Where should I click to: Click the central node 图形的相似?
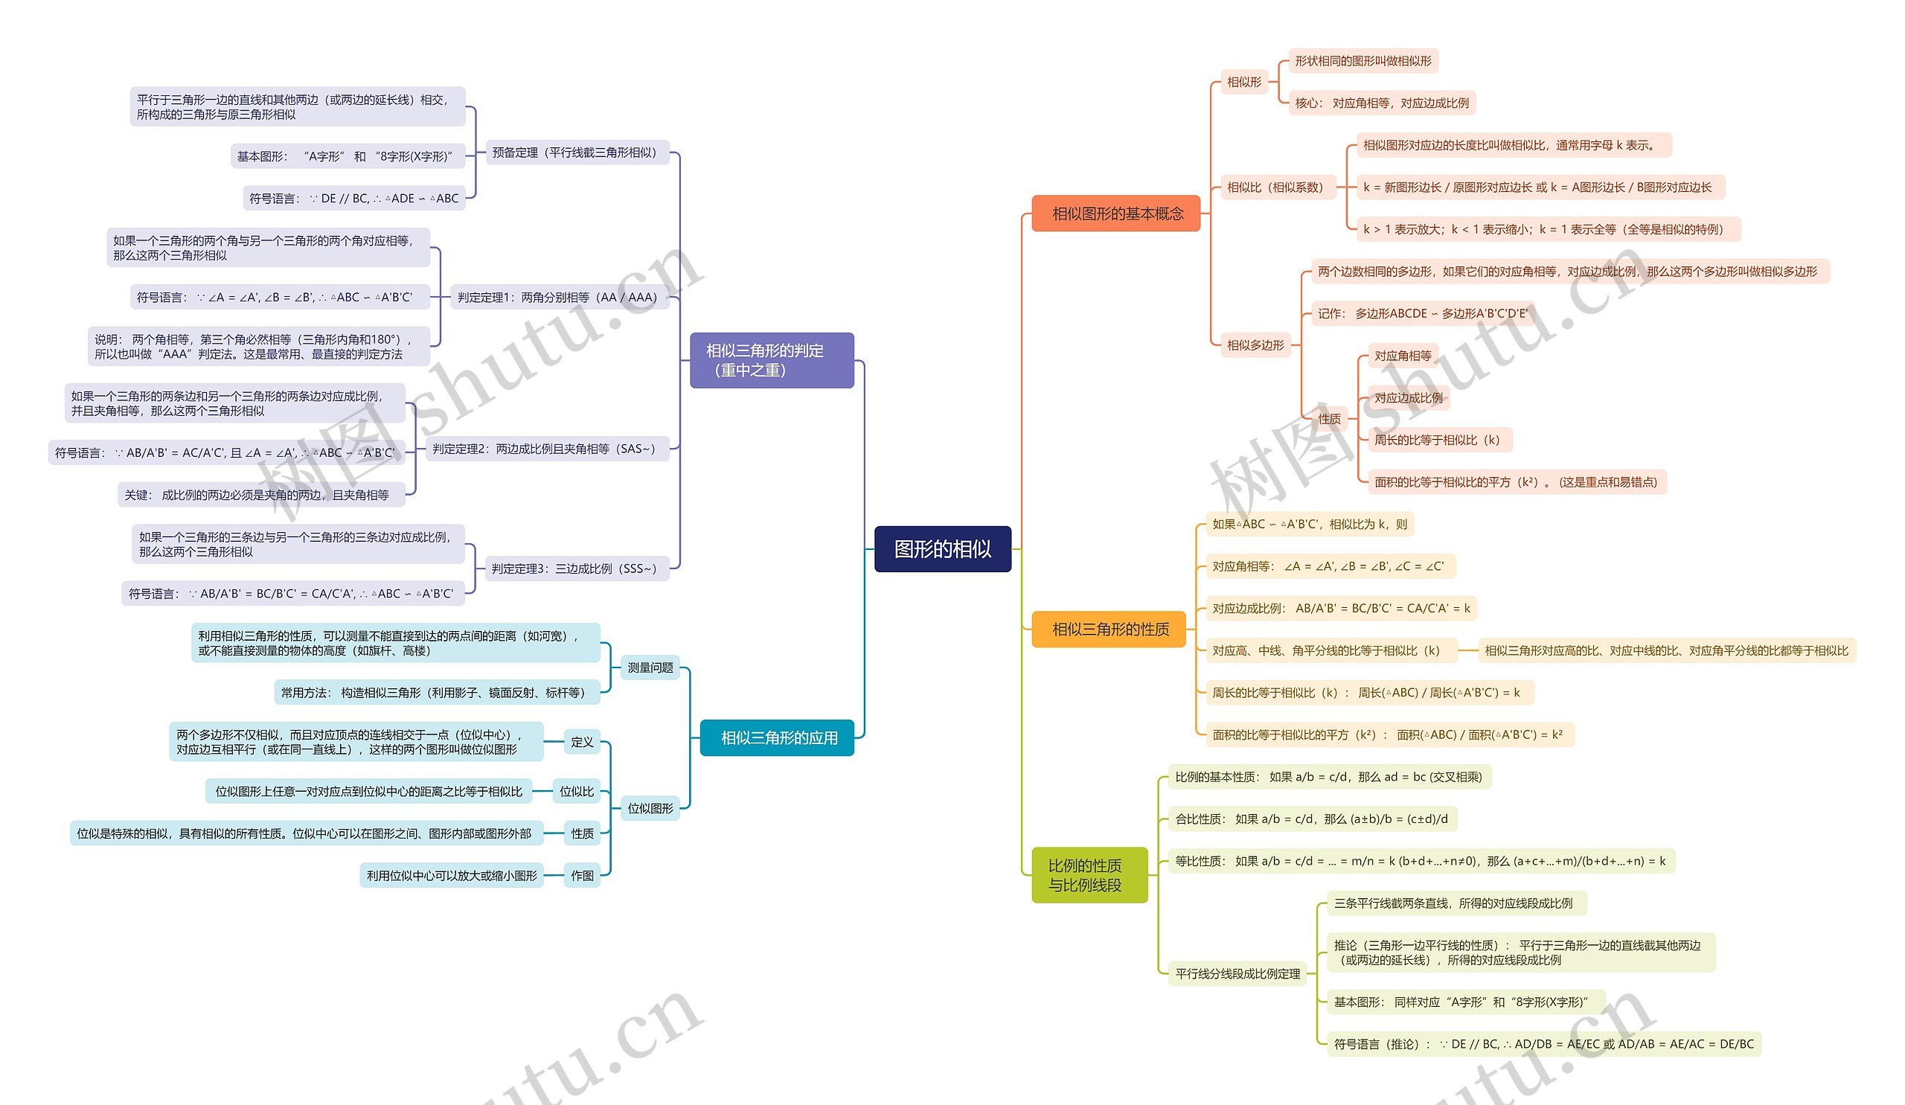tap(942, 548)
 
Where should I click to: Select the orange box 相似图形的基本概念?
tap(1115, 214)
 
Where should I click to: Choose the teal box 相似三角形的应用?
tap(778, 737)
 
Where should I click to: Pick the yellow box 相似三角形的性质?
tap(1109, 629)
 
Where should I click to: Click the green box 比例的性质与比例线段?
tap(1089, 875)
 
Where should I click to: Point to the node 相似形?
tap(1243, 82)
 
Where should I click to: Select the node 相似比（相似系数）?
tap(1275, 187)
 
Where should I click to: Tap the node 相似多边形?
tap(1255, 345)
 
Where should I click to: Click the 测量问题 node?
tap(650, 667)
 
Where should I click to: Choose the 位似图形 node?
tap(650, 808)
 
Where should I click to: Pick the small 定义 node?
tap(581, 742)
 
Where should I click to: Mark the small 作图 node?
tap(581, 875)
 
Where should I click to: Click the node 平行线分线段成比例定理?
tap(1237, 973)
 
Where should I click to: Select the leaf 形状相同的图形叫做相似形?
tap(1363, 61)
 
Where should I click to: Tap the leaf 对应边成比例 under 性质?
tap(1408, 397)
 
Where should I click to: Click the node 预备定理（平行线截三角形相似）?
tap(574, 153)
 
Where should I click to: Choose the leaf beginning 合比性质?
tap(1311, 819)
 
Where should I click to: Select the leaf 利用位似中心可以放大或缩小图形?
tap(451, 875)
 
